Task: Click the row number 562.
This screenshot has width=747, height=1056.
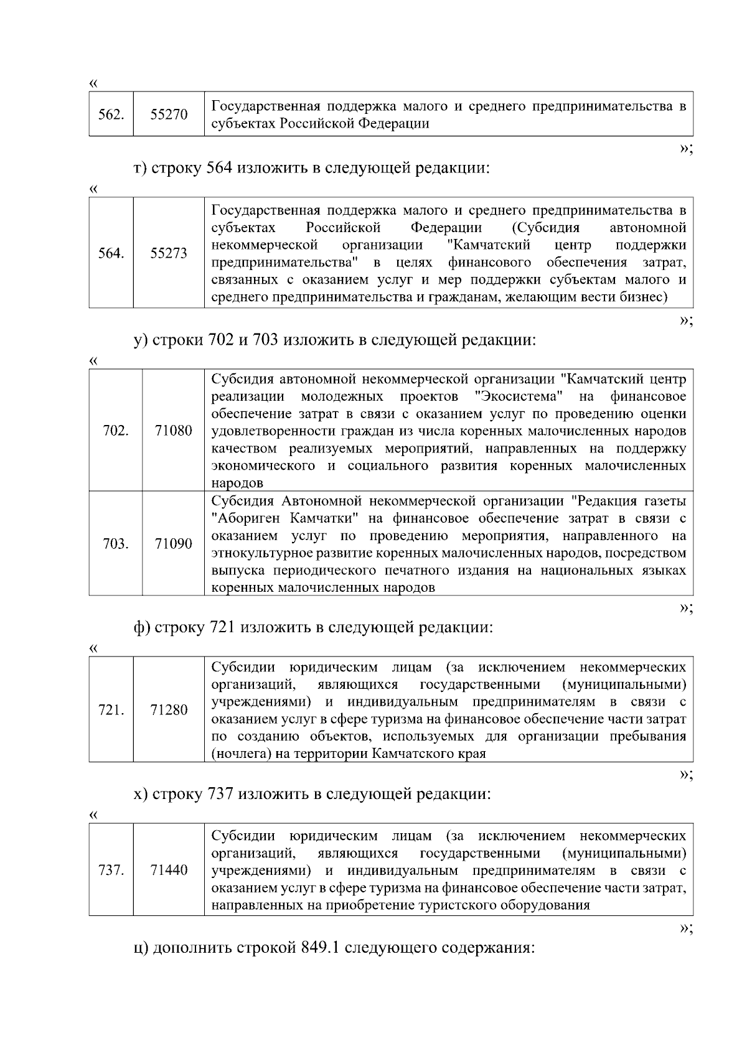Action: coord(111,114)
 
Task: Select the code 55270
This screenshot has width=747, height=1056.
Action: coord(169,114)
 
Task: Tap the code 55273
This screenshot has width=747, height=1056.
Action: coord(169,253)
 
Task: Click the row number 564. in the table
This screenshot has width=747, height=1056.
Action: coord(111,253)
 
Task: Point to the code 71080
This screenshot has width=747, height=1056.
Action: coord(173,431)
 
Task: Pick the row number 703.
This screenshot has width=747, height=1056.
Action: coord(116,544)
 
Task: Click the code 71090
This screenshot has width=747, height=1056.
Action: coord(173,544)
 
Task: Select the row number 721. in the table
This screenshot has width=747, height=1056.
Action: coord(111,710)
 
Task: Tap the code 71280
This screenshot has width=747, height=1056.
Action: coord(169,710)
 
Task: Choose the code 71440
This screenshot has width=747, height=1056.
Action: coord(169,870)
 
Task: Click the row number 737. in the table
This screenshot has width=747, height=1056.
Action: coord(111,870)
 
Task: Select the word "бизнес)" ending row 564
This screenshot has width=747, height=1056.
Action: coord(644,297)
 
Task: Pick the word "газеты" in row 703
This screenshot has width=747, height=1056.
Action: coord(665,501)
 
